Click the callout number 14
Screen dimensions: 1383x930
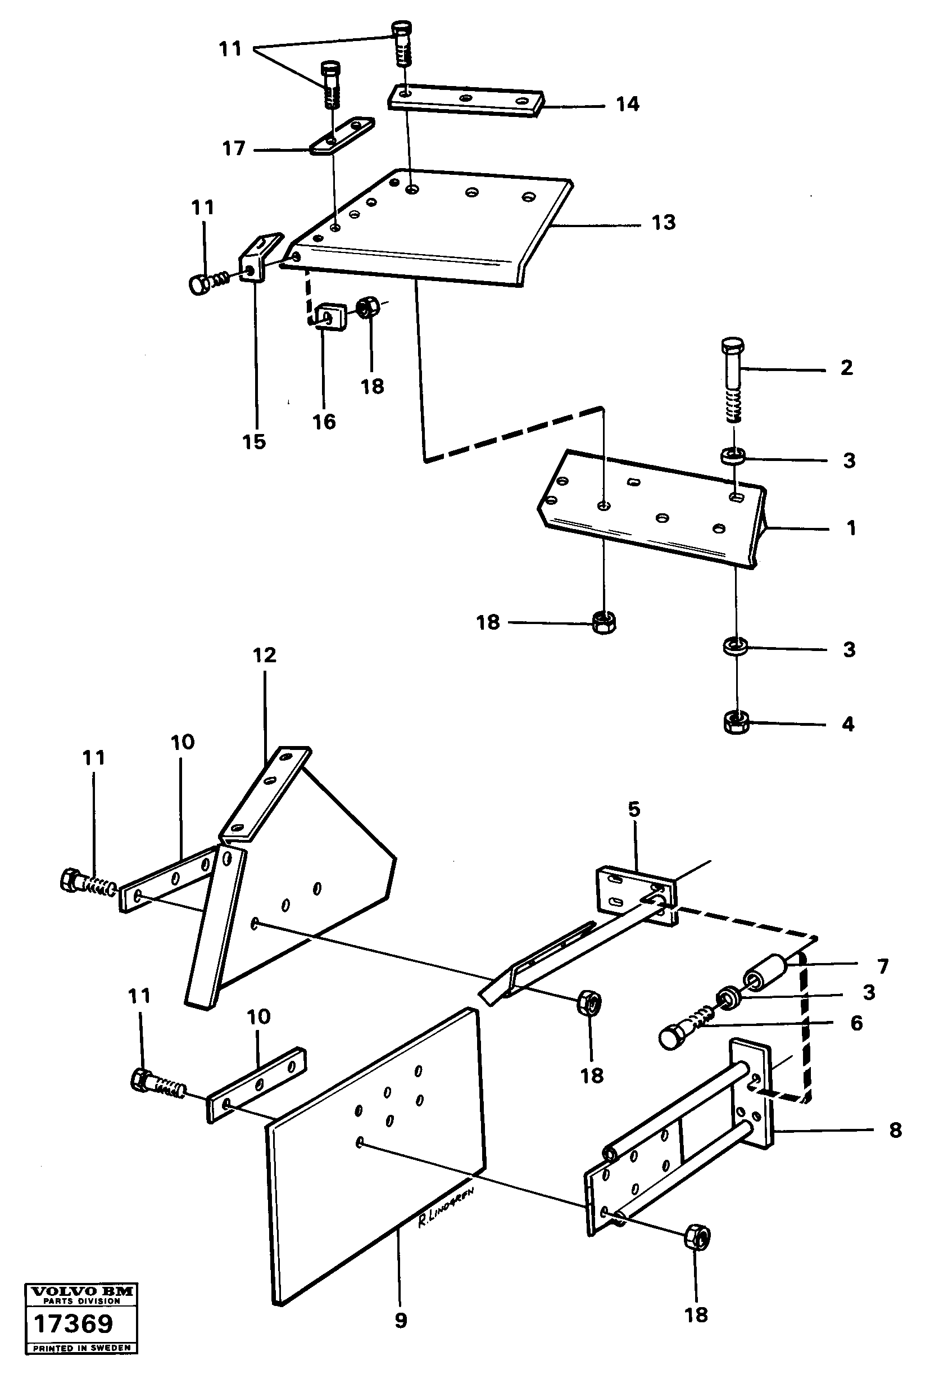628,105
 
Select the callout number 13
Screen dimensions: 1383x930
663,223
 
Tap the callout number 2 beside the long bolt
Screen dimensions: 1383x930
847,368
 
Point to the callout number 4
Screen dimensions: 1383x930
848,725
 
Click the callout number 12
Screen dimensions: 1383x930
265,655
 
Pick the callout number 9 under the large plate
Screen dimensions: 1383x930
401,1321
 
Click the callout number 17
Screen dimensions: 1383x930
234,148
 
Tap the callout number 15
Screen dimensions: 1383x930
254,441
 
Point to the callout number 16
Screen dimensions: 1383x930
324,422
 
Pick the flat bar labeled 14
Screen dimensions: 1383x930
466,99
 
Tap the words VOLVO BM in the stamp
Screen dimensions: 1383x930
82,1291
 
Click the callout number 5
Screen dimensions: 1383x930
634,809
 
